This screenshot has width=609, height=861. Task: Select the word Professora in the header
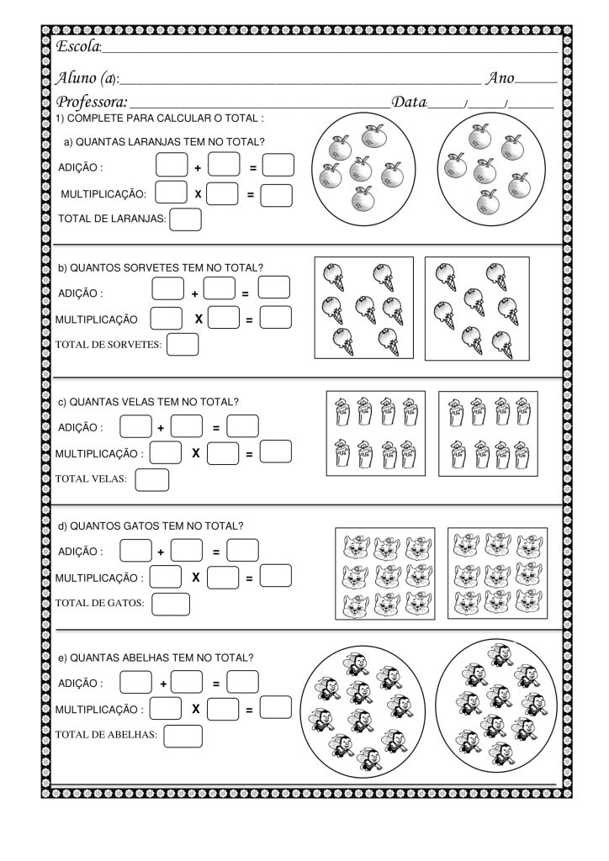(x=91, y=103)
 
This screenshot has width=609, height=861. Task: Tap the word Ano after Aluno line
(x=500, y=78)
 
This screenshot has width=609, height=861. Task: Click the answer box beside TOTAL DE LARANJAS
(x=186, y=219)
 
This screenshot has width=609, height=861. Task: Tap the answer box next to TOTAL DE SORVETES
(x=183, y=345)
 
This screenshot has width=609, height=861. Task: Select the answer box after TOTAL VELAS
(x=151, y=479)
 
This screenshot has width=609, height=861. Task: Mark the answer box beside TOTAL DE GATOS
(x=171, y=603)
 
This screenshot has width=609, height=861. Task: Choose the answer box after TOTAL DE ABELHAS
(x=183, y=736)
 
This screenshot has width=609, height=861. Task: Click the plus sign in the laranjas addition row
(x=197, y=167)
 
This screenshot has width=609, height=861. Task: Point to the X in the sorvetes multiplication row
(x=199, y=320)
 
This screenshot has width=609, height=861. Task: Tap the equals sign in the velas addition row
(x=216, y=428)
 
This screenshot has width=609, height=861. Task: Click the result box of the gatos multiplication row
(x=275, y=576)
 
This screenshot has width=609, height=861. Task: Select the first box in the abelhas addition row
(x=136, y=682)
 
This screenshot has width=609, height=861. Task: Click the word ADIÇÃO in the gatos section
(x=81, y=552)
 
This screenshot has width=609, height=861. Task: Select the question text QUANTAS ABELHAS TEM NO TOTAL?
(x=156, y=658)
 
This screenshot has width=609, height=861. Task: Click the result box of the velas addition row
(x=242, y=426)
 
